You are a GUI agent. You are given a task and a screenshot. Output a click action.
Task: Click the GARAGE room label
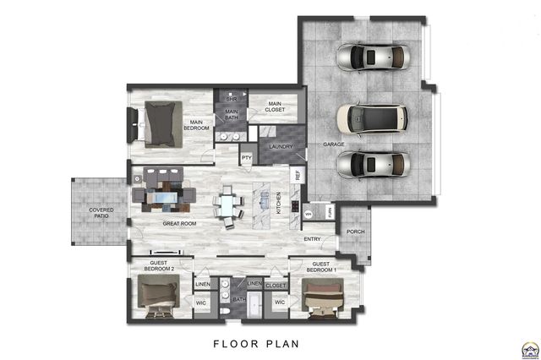(x=332, y=145)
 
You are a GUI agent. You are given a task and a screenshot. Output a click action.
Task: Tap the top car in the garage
(x=371, y=58)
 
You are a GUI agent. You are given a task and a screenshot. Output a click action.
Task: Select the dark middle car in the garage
(x=371, y=120)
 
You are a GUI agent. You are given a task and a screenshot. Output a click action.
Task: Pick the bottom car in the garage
(x=371, y=163)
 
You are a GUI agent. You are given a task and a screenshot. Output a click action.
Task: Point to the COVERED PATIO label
(x=101, y=213)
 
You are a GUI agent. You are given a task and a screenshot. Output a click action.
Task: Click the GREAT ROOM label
(x=179, y=224)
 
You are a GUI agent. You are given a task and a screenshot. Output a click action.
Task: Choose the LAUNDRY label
(x=281, y=146)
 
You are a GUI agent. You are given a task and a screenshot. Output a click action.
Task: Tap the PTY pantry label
(x=247, y=157)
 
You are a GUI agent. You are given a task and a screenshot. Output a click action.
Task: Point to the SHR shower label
(x=230, y=100)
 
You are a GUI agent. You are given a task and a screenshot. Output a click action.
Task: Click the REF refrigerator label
(x=298, y=176)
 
